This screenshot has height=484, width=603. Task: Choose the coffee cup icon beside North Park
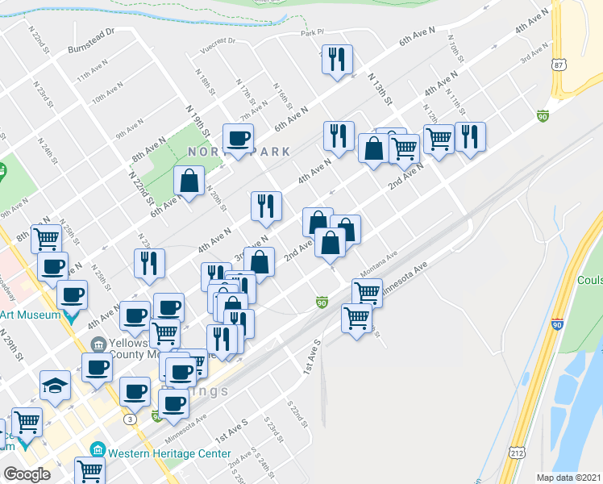tap(238, 139)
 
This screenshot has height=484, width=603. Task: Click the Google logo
tap(27, 474)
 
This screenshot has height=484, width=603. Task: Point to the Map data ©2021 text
tap(569, 477)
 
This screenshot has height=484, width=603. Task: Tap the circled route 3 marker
tap(130, 419)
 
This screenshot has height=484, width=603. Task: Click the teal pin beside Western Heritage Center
tap(97, 448)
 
